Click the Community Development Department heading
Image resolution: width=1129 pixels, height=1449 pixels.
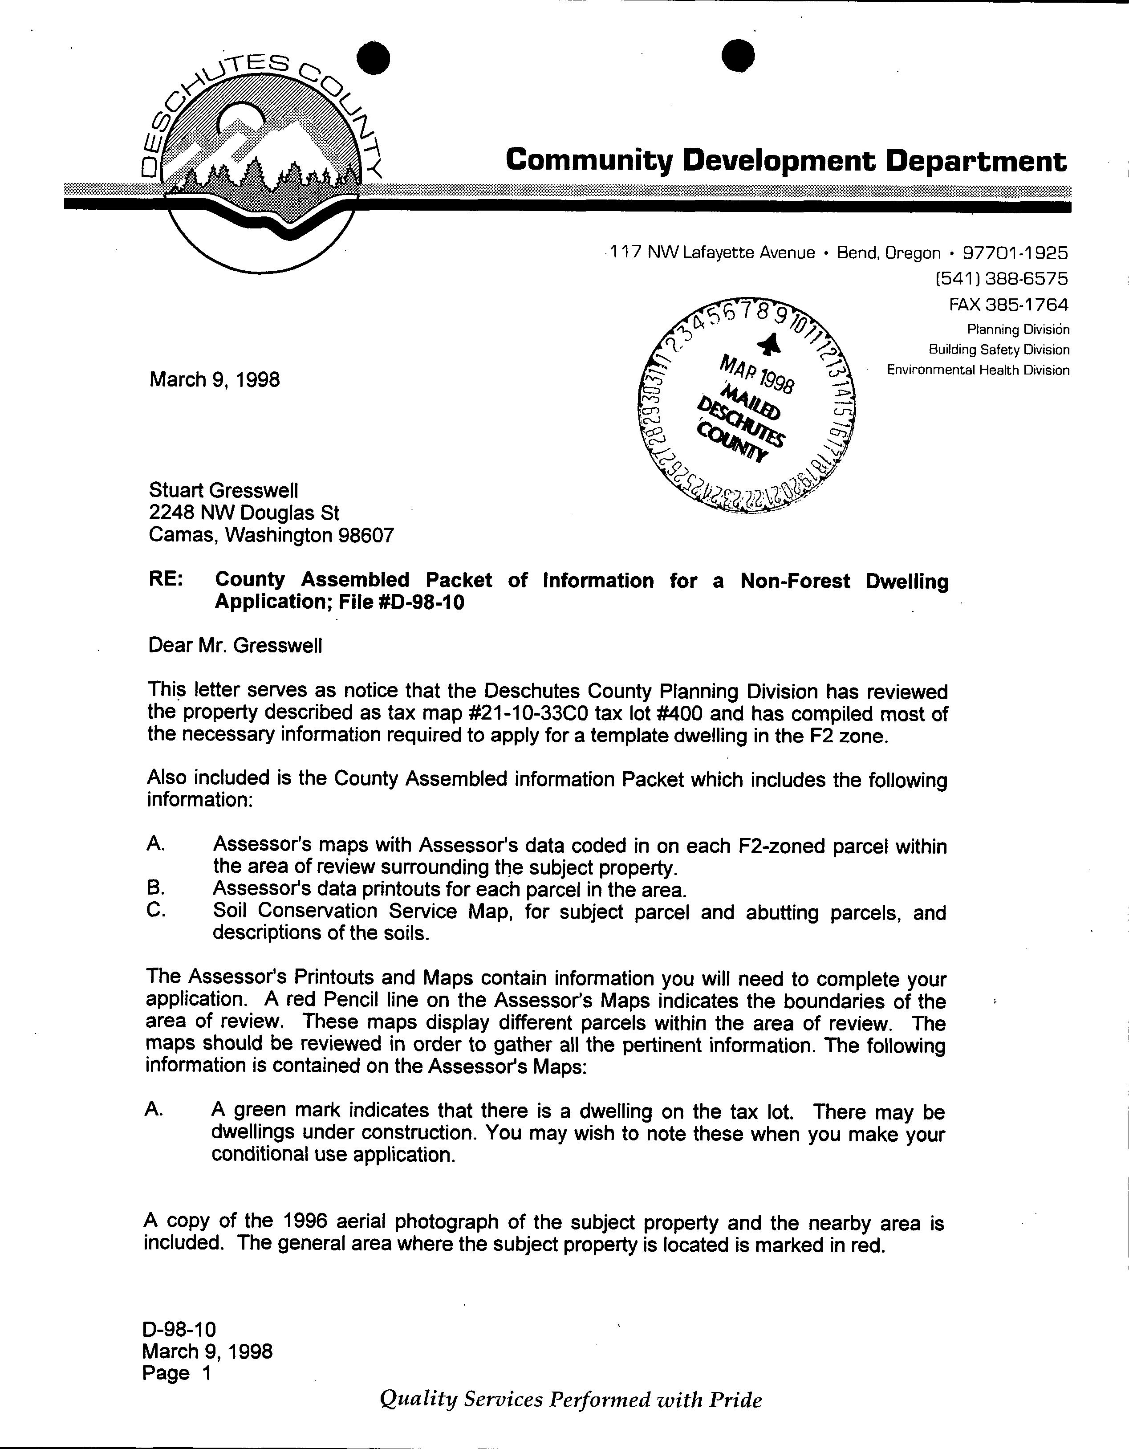(x=786, y=161)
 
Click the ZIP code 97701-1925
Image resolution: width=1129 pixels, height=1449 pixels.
(x=1015, y=253)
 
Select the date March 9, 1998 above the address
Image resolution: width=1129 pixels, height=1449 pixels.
(x=214, y=379)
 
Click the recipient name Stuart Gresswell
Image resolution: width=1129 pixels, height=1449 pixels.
(x=223, y=490)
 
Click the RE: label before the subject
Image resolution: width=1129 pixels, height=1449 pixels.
(x=166, y=579)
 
